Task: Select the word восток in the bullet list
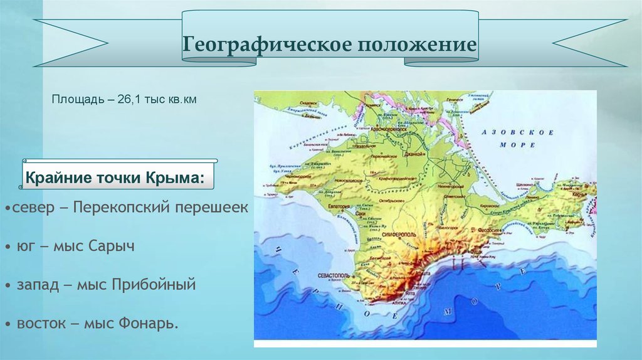pos(40,324)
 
